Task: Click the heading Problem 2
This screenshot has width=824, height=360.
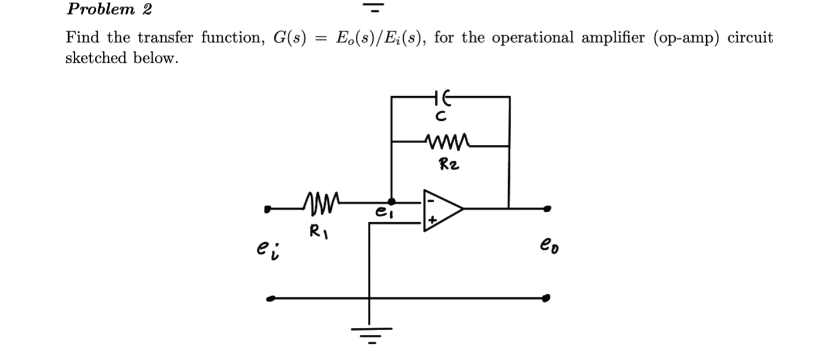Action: pos(109,9)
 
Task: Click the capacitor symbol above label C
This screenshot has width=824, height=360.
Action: pos(442,97)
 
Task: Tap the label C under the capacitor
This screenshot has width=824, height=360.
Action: pos(443,117)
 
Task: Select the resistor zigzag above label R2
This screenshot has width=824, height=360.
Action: pos(447,141)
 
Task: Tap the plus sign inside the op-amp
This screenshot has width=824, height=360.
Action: pos(432,221)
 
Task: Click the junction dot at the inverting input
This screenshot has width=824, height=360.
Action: pos(391,202)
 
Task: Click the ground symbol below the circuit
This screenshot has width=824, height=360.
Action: pos(369,334)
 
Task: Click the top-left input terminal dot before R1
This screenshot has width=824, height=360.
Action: pos(268,208)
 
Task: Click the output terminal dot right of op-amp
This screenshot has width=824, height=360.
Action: pos(547,208)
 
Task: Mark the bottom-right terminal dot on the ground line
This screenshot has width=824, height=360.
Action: pos(546,298)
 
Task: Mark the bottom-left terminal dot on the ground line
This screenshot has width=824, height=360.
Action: pos(269,298)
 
